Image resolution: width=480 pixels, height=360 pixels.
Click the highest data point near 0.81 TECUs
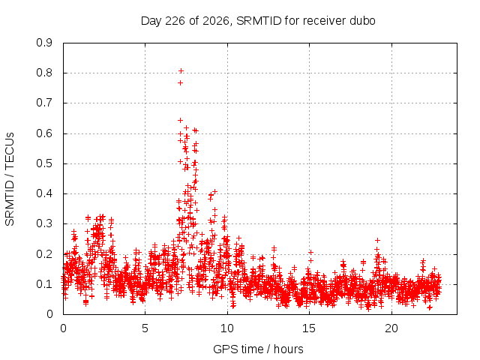[x=181, y=71]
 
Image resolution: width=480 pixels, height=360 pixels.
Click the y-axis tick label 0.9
[x=44, y=43]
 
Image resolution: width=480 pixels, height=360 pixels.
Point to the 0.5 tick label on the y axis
[x=44, y=163]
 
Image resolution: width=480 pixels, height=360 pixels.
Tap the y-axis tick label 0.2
[x=44, y=254]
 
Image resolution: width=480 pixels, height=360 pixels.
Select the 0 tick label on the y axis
[x=49, y=314]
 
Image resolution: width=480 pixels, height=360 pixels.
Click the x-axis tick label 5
[x=145, y=328]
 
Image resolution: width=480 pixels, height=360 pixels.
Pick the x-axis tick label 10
[x=226, y=328]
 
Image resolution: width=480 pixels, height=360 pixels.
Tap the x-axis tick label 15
[x=309, y=328]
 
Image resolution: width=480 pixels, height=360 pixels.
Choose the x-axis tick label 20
[x=391, y=328]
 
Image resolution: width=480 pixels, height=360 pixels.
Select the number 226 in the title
[x=175, y=21]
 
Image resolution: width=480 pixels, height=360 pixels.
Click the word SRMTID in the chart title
[x=259, y=21]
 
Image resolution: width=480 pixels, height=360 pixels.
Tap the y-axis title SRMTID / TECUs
[x=10, y=179]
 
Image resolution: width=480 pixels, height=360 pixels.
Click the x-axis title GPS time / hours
[x=258, y=349]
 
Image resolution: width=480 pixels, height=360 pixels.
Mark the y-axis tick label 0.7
[x=44, y=103]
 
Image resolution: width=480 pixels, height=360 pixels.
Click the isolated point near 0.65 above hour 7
[x=180, y=120]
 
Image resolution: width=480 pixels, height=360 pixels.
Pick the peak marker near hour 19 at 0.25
[x=377, y=240]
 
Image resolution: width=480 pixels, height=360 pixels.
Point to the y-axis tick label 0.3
[x=44, y=223]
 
